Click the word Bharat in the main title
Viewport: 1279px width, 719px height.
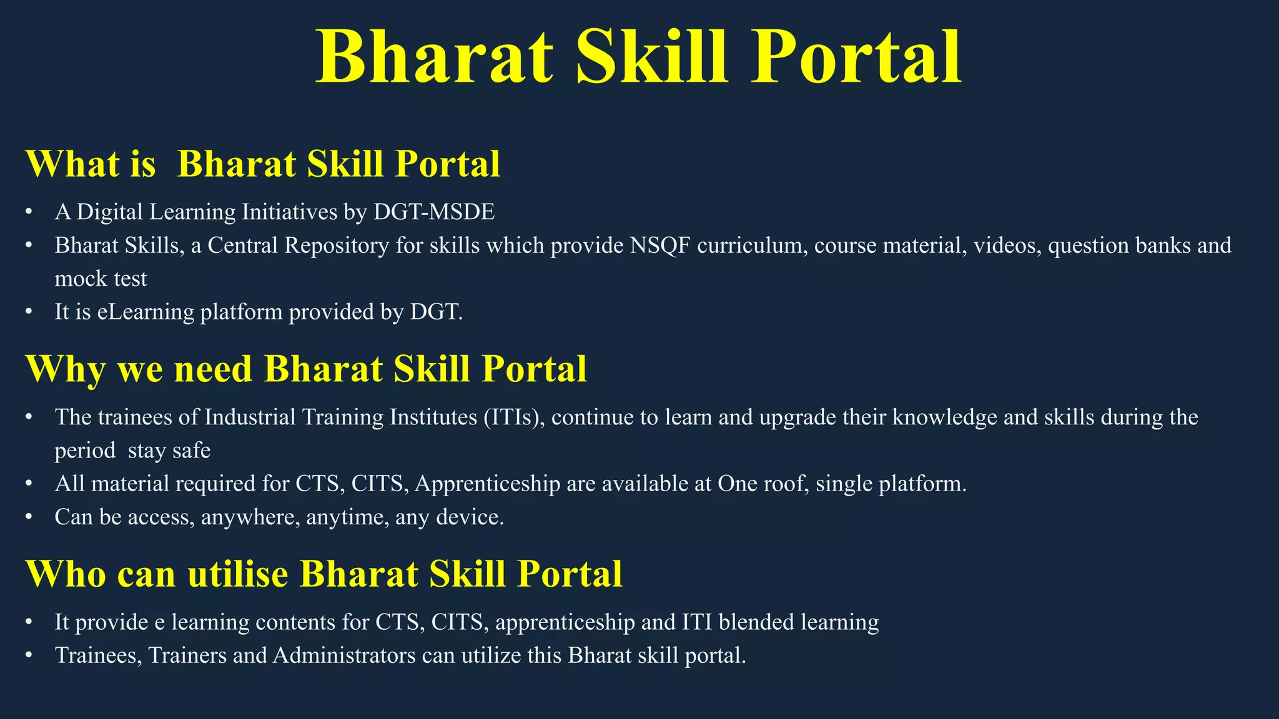435,57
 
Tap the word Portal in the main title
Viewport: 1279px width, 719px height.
856,57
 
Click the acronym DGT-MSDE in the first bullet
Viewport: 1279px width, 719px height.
433,212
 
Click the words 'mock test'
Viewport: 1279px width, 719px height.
101,278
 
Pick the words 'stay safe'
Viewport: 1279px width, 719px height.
169,450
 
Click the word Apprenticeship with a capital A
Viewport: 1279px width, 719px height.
487,484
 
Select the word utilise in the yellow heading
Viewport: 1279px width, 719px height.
237,574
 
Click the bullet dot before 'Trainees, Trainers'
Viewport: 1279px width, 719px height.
29,656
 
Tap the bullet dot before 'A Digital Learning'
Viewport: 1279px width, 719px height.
29,213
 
